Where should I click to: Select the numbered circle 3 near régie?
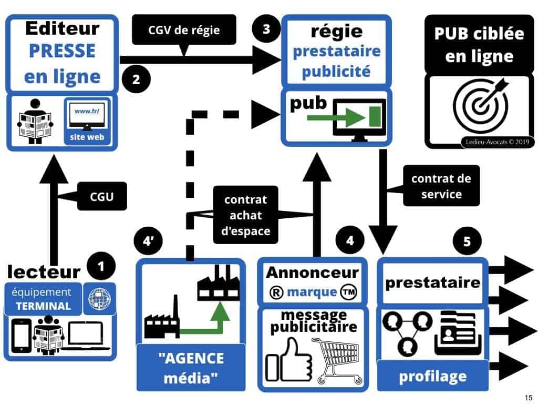[x=266, y=29]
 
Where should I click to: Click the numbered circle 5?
[x=468, y=241]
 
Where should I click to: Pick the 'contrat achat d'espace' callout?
[x=246, y=215]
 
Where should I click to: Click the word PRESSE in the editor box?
[x=62, y=52]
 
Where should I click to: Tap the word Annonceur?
[x=312, y=272]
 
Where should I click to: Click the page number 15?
[x=527, y=397]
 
